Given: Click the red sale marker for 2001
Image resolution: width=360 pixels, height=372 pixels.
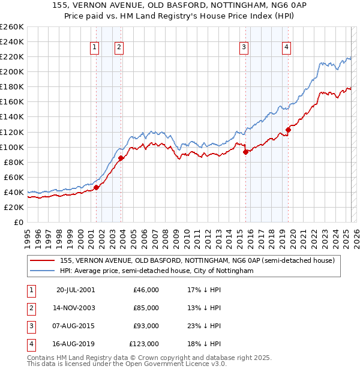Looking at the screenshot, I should click(96, 187).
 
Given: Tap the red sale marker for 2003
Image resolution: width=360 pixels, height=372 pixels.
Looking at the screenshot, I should click(121, 158).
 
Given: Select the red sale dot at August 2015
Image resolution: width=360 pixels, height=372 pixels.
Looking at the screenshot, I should click(245, 152).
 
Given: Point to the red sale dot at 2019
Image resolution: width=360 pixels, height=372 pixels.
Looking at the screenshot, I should click(288, 130).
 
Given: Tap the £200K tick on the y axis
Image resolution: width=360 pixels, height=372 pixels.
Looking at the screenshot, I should click(12, 71).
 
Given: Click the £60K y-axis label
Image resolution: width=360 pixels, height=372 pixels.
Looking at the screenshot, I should click(14, 177).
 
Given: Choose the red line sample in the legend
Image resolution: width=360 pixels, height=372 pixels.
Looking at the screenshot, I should click(43, 260).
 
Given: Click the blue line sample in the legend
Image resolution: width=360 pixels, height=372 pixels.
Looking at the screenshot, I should click(43, 271).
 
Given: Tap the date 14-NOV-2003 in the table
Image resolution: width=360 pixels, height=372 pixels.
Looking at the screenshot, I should click(76, 308).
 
